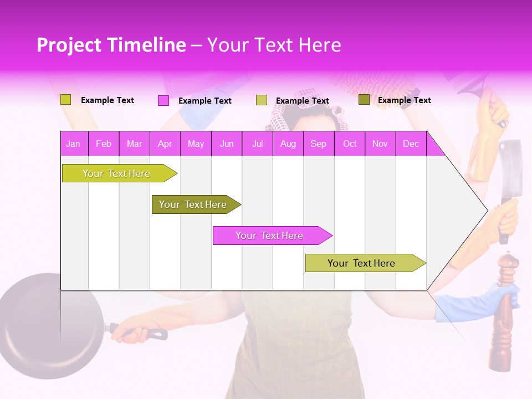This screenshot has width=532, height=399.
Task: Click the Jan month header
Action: tap(73, 144)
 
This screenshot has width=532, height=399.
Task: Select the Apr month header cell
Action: tap(165, 144)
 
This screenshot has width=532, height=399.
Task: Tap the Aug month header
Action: tap(288, 144)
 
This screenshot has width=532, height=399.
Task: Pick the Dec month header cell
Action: tap(411, 144)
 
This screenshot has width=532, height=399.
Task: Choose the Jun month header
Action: tap(226, 144)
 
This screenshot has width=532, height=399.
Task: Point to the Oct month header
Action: tap(349, 144)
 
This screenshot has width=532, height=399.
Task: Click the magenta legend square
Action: tap(163, 100)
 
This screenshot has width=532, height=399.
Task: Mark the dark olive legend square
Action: tap(364, 100)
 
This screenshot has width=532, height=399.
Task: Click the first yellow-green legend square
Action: tap(65, 100)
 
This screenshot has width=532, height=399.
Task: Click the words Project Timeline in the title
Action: tap(111, 45)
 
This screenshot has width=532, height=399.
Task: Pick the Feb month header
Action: tap(103, 144)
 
